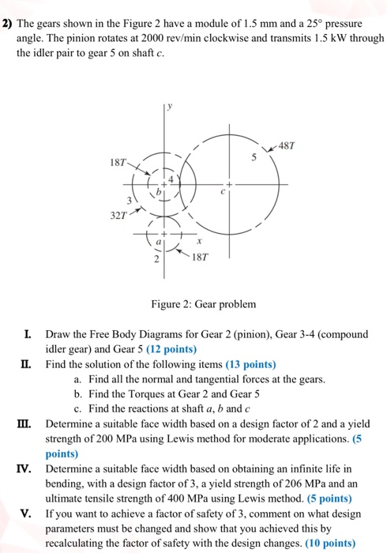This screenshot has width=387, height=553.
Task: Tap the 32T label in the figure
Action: click(x=122, y=213)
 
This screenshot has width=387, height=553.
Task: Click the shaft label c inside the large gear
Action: click(x=225, y=190)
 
